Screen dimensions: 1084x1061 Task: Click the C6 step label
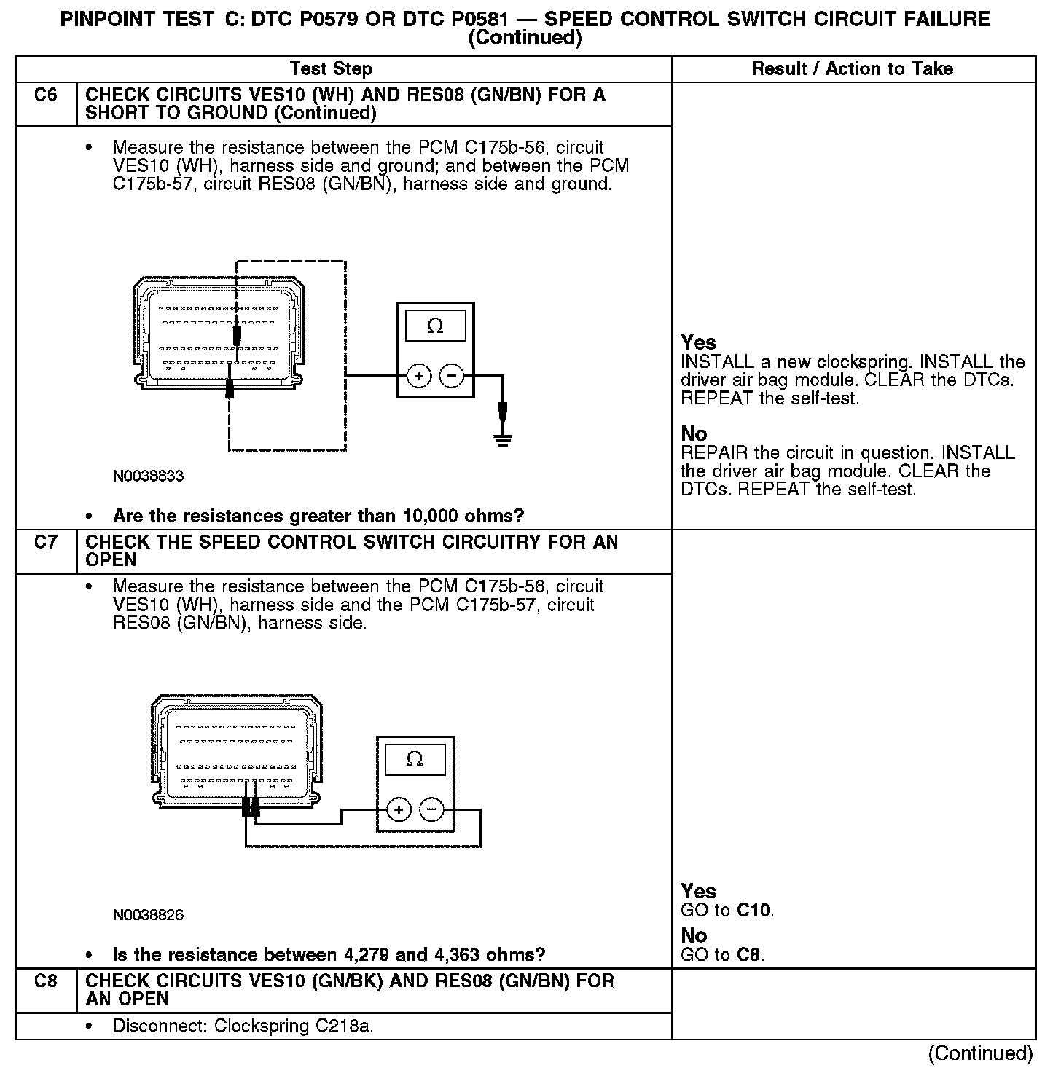click(x=45, y=95)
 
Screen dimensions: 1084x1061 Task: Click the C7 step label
click(x=45, y=543)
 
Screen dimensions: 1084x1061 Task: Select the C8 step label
click(x=45, y=981)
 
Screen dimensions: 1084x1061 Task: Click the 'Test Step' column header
click(x=331, y=69)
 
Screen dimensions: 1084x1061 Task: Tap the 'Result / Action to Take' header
click(x=852, y=69)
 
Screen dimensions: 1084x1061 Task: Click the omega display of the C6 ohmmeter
click(x=435, y=326)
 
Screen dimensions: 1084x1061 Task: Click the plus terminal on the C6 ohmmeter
click(x=419, y=376)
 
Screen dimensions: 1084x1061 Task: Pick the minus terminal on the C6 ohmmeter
click(x=452, y=376)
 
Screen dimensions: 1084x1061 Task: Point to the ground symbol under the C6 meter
click(x=502, y=439)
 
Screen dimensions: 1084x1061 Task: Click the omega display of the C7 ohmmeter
click(x=415, y=760)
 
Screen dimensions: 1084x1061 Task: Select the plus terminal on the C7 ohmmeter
click(x=399, y=809)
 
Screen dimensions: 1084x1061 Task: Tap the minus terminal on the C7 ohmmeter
click(x=431, y=809)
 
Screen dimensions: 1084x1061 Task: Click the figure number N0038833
click(x=148, y=476)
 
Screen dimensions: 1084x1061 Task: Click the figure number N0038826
click(x=148, y=915)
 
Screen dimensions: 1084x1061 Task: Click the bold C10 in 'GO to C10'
click(x=753, y=911)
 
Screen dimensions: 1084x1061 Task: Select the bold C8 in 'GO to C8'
click(x=749, y=955)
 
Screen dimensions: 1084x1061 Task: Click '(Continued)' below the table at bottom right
click(x=980, y=1053)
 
